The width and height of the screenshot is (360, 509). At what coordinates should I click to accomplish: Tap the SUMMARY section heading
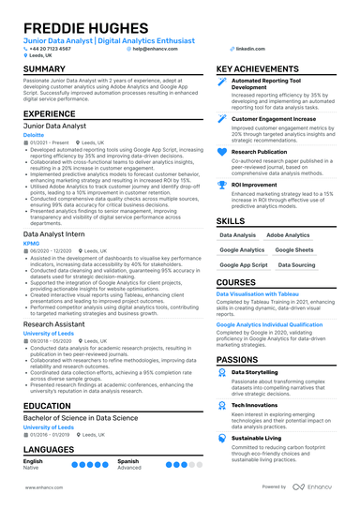[x=44, y=69]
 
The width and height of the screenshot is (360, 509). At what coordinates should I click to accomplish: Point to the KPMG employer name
[x=34, y=242]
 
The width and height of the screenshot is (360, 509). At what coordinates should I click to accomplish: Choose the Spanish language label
[x=128, y=461]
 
